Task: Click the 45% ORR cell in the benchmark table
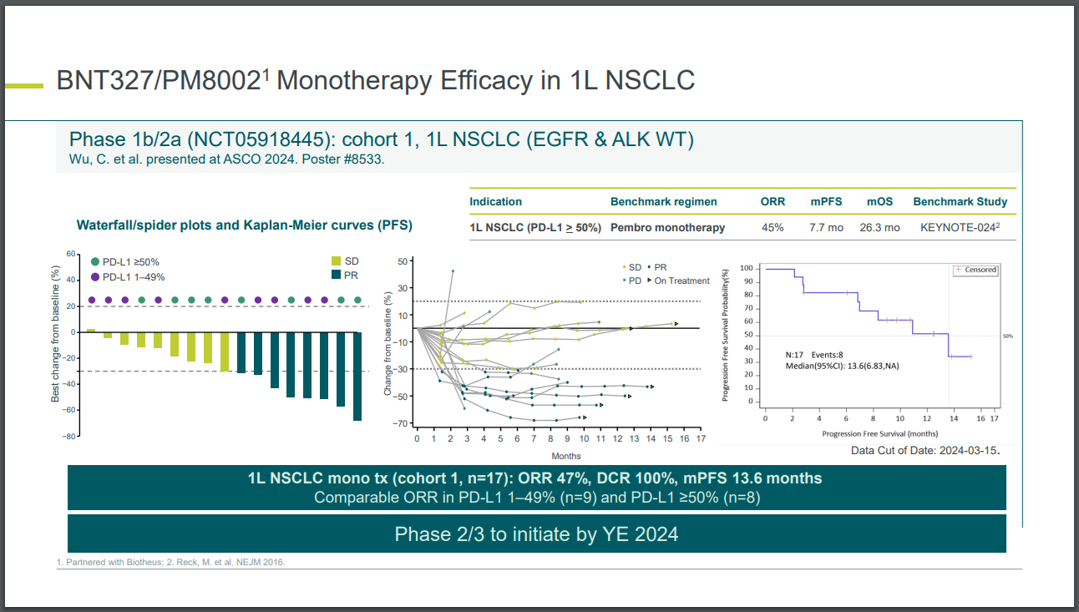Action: point(772,227)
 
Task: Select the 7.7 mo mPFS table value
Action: point(826,227)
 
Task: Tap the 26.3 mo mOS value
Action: point(879,227)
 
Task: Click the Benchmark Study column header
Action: point(960,201)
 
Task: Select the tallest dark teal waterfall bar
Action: point(357,376)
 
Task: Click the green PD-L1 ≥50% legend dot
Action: point(95,261)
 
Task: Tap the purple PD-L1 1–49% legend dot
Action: point(95,277)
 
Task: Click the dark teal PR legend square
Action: point(336,275)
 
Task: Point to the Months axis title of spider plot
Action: point(565,456)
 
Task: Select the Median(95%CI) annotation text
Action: point(843,366)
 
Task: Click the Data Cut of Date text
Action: point(924,451)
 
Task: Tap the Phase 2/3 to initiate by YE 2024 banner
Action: point(536,534)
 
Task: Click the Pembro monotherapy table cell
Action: point(667,227)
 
